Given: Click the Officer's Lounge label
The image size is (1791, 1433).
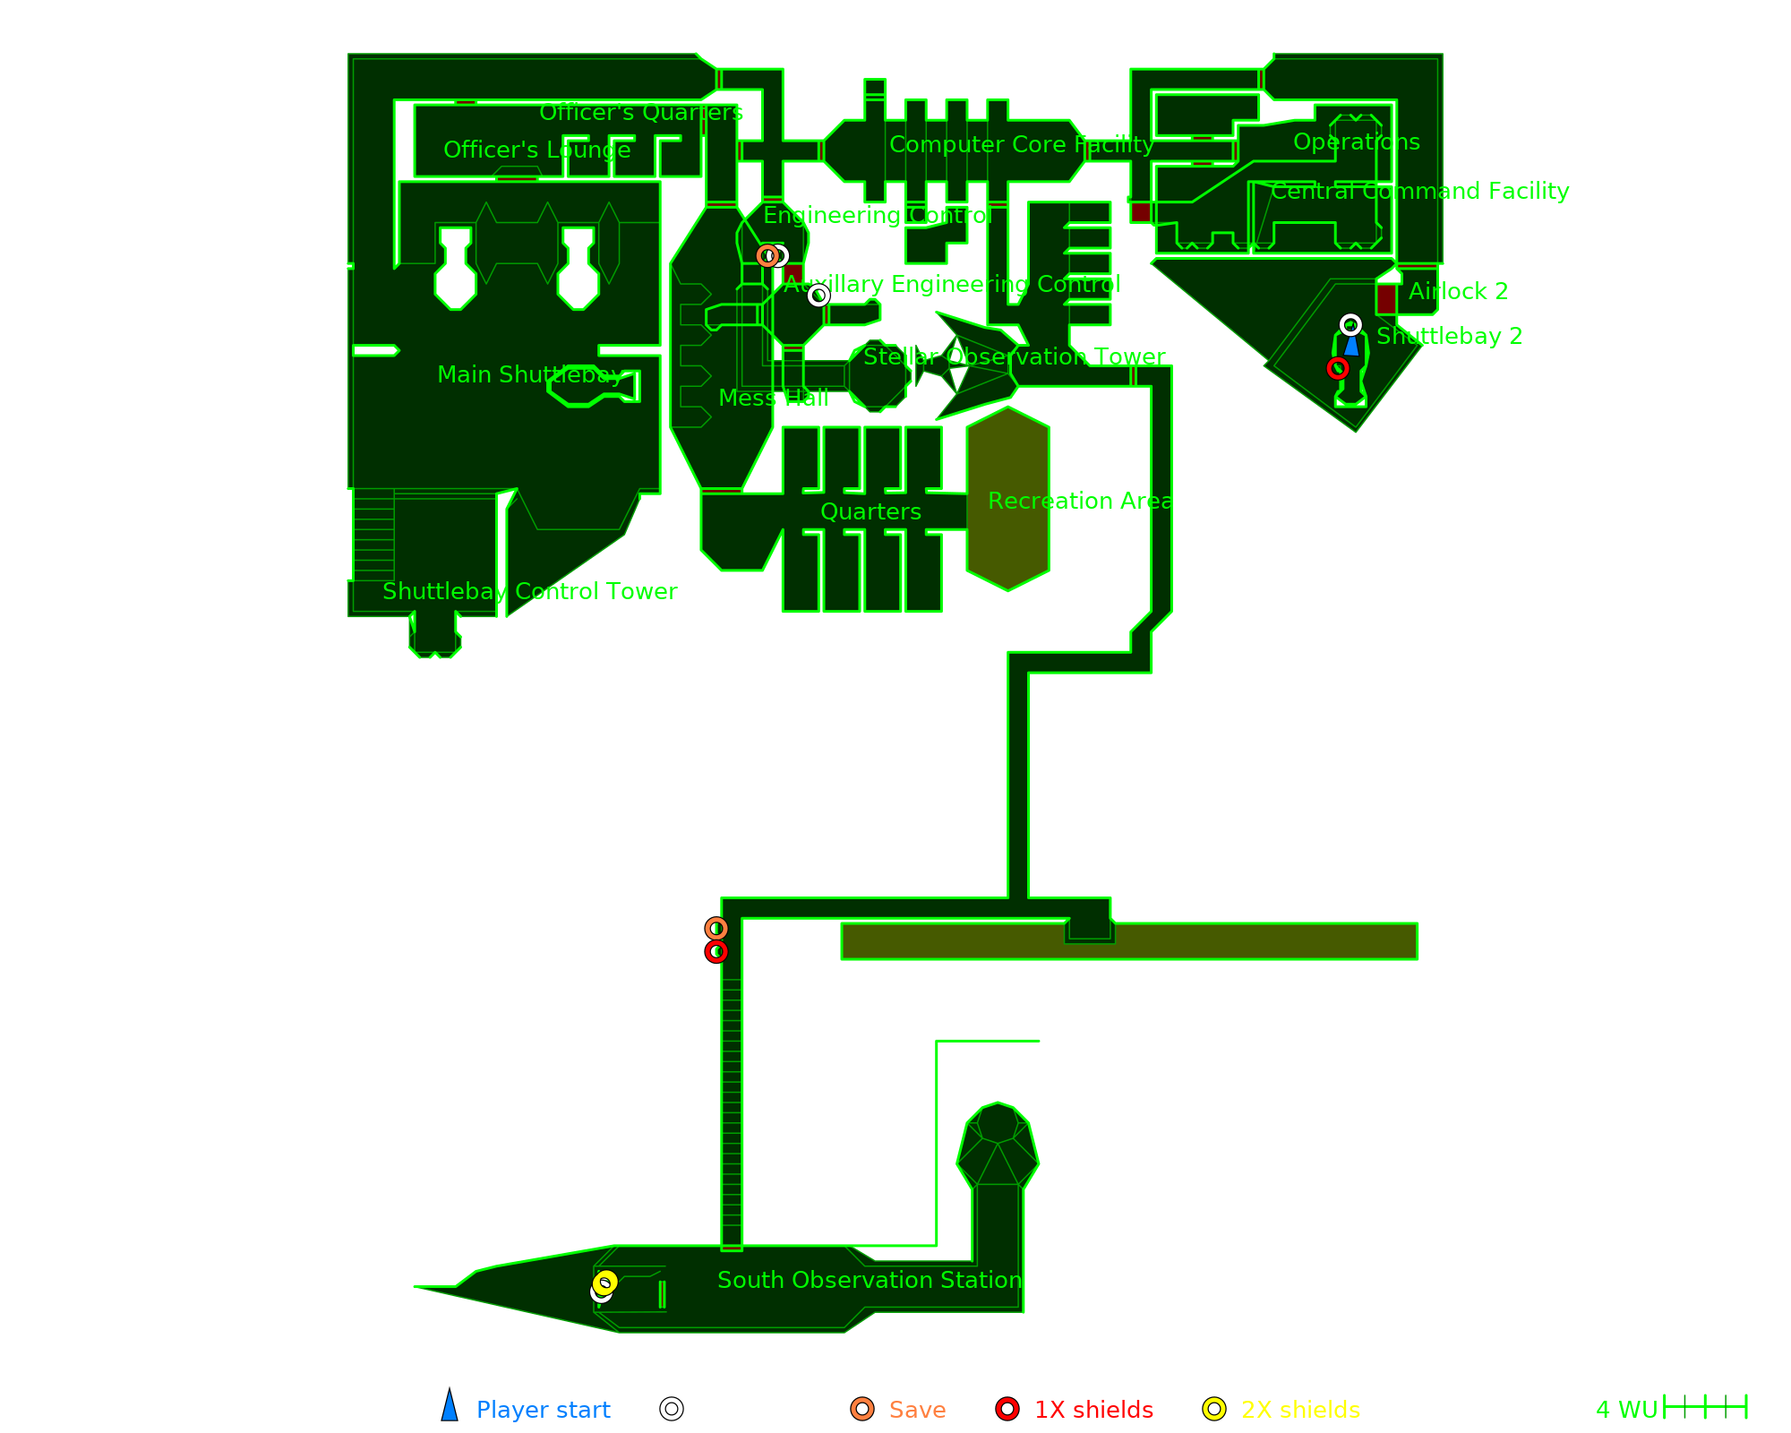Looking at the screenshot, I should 536,150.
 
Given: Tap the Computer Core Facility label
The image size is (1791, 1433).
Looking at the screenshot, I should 1021,144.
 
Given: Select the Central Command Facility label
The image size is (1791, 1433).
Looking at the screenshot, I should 1419,191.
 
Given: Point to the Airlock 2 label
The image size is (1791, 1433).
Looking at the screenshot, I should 1458,291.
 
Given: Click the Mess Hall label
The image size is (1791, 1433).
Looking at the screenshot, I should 773,398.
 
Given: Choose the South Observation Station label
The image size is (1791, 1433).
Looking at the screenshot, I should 870,1280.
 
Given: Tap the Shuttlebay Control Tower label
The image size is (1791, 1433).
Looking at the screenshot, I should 529,591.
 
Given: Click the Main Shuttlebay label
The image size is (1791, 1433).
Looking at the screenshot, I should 530,374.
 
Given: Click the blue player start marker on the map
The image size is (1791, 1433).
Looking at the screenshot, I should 1351,345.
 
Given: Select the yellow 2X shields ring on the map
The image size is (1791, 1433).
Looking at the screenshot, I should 605,1283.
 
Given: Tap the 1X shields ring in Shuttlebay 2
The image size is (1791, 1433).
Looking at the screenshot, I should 1338,368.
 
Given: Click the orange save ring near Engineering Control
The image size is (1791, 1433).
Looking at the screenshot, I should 767,255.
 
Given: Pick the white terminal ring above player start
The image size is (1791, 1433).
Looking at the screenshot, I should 1350,324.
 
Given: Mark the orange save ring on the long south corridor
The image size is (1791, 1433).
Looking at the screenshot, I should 716,929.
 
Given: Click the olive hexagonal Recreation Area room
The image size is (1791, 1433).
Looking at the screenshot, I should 1007,499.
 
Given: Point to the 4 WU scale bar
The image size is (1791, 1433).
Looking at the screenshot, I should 1705,1407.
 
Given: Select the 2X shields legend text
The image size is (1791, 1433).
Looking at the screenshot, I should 1300,1410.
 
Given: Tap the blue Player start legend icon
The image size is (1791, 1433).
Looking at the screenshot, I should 450,1407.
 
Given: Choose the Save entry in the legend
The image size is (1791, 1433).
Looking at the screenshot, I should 917,1410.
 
